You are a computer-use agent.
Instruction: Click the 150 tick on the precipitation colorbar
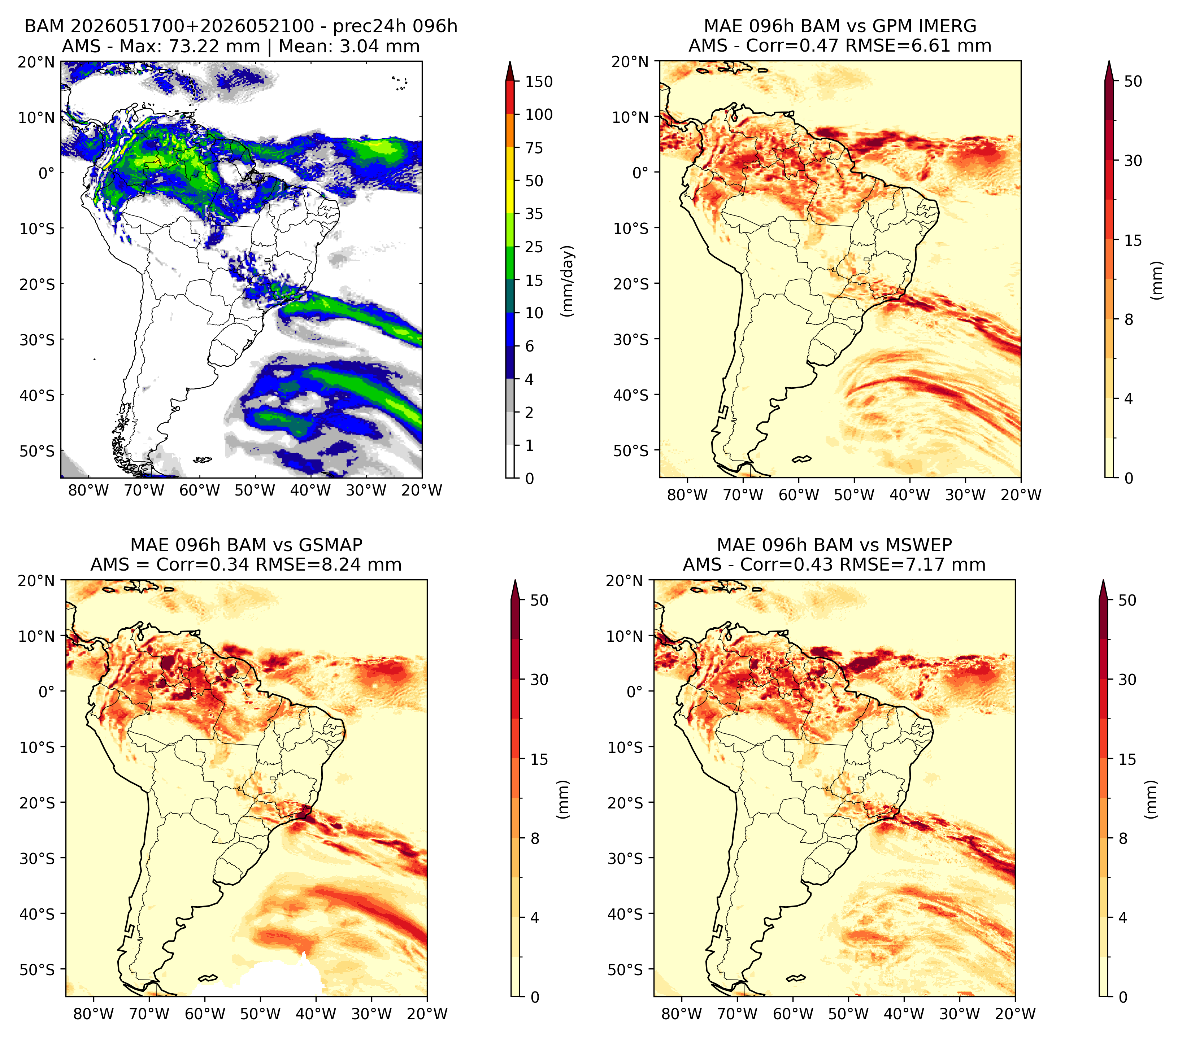coord(538,82)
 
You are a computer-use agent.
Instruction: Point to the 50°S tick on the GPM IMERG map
coord(631,450)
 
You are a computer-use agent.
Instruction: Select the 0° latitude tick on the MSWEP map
coord(635,691)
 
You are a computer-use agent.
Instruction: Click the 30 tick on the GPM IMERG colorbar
coord(1133,160)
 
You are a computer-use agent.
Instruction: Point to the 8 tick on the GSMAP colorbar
coord(535,838)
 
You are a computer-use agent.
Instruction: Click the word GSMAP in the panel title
coord(331,545)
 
